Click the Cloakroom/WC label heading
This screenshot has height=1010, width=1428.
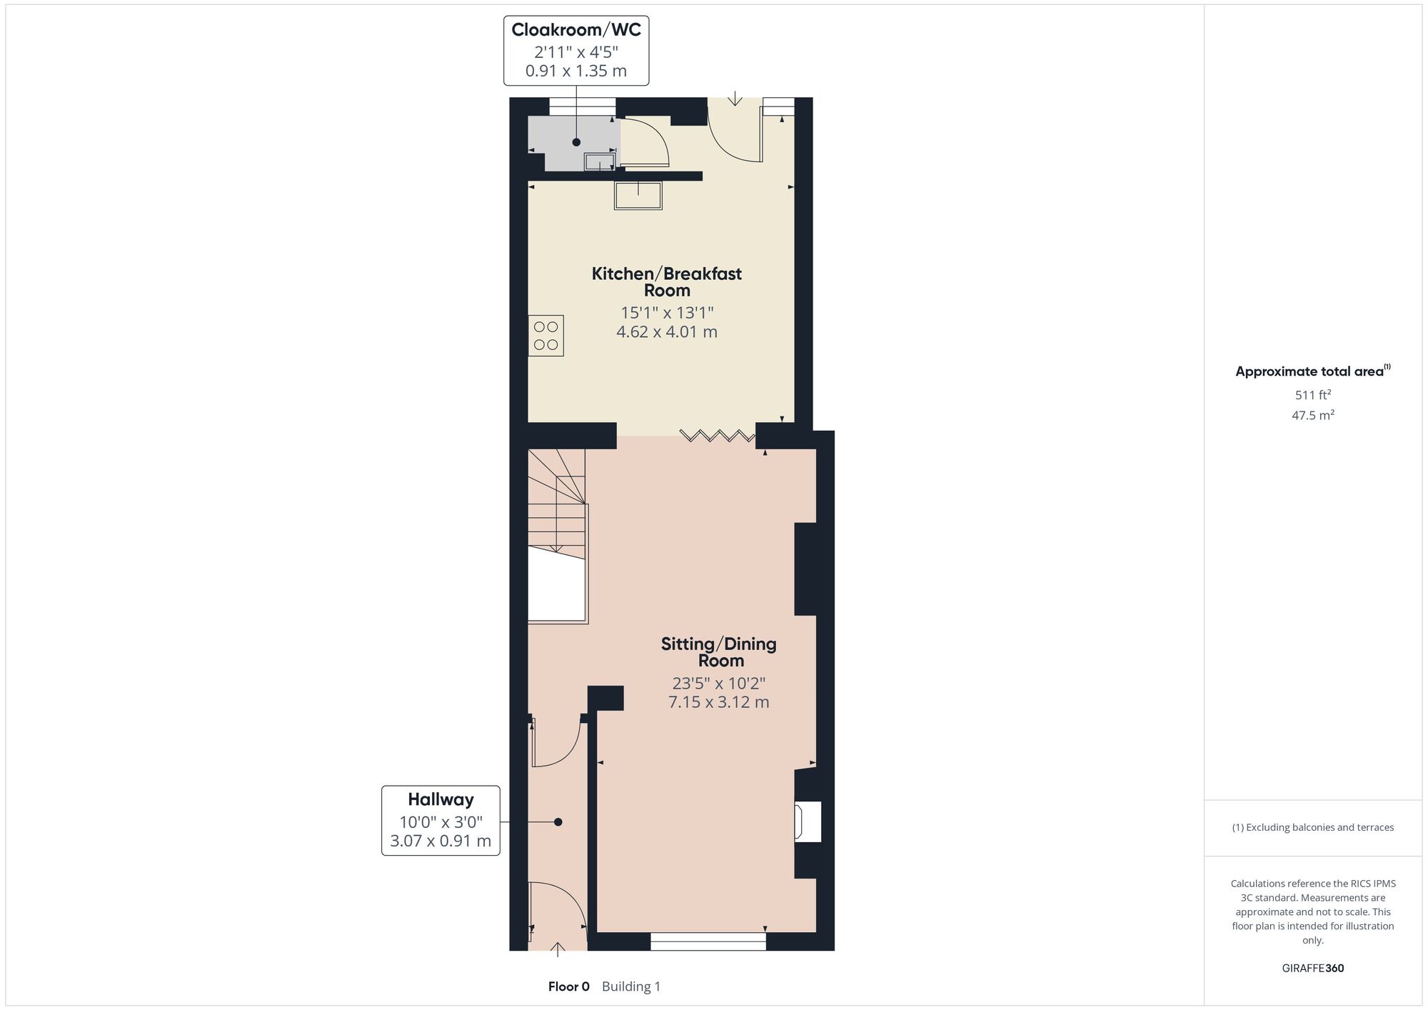576,30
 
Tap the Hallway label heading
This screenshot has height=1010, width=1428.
441,799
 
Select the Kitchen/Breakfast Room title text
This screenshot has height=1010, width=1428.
667,282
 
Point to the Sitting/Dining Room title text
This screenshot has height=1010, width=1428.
719,652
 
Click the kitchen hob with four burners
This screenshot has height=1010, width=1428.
545,336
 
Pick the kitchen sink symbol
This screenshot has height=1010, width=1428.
638,195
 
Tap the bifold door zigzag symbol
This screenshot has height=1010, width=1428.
717,435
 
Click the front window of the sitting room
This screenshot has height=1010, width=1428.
708,941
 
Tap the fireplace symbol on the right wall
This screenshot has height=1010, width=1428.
808,821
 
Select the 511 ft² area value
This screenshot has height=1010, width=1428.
1312,394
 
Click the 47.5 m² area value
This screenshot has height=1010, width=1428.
1312,414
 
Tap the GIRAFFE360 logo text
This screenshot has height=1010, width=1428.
1312,969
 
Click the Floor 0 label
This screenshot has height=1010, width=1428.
568,986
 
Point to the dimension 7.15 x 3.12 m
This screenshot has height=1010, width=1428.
718,702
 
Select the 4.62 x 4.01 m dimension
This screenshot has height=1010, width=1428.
667,331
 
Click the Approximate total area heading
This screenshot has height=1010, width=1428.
1312,371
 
